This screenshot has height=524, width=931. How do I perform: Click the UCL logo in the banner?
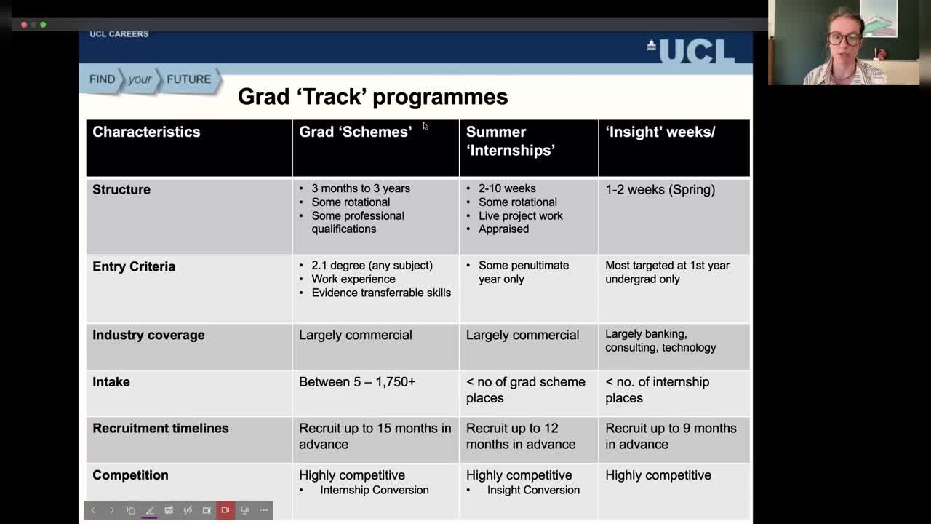691,51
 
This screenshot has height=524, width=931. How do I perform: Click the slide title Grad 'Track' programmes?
372,97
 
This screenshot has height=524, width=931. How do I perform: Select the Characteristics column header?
146,132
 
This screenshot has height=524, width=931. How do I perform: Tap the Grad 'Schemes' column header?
355,132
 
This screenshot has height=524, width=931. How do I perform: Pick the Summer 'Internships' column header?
510,140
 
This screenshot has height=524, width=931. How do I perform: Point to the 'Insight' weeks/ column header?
660,132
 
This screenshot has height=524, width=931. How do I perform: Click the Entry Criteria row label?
134,266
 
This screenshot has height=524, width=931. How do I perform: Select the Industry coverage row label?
148,335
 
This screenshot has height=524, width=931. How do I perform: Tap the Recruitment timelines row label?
160,428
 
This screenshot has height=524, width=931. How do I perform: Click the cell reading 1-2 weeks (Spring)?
660,189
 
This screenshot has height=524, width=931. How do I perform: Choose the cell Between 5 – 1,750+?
357,381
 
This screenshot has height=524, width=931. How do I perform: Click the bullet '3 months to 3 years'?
361,188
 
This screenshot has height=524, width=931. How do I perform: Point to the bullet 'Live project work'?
520,215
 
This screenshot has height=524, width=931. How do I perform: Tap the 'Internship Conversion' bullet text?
374,490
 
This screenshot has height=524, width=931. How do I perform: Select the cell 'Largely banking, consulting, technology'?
660,341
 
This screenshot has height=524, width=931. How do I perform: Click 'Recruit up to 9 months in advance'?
671,436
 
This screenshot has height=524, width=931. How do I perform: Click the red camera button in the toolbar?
225,510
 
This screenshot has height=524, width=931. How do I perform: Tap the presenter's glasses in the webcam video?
844,39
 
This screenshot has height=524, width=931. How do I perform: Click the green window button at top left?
43,25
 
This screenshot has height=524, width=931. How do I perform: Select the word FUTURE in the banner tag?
188,79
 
